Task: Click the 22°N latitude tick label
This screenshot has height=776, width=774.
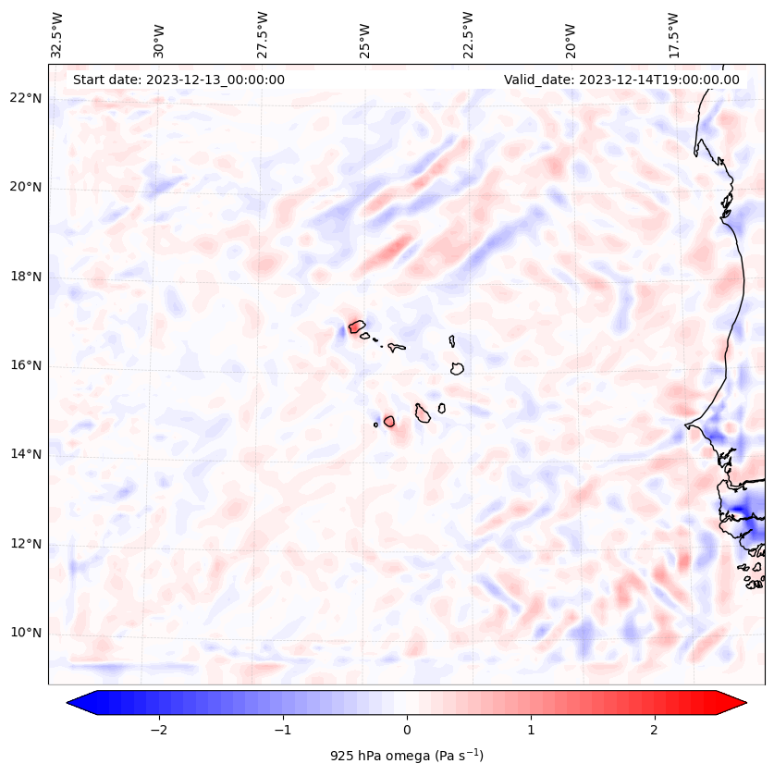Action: pyautogui.click(x=25, y=98)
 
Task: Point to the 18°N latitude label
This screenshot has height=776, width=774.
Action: pyautogui.click(x=25, y=277)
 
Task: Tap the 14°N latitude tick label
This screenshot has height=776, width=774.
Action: pyautogui.click(x=25, y=454)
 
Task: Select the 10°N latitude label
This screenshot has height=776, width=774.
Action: pyautogui.click(x=25, y=633)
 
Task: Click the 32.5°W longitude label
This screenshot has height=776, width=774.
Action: pyautogui.click(x=57, y=34)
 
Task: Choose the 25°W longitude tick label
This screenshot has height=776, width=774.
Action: pyautogui.click(x=365, y=34)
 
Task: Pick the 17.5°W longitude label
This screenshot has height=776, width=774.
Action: pyautogui.click(x=673, y=34)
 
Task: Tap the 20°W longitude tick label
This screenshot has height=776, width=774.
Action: pyautogui.click(x=571, y=34)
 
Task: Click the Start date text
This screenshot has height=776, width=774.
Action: pyautogui.click(x=178, y=80)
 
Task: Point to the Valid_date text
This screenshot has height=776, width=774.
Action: pyautogui.click(x=621, y=80)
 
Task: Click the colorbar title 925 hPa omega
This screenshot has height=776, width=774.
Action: pyautogui.click(x=406, y=755)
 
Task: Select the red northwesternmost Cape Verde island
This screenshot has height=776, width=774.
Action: pyautogui.click(x=356, y=326)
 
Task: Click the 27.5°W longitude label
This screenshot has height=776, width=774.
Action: pyautogui.click(x=263, y=34)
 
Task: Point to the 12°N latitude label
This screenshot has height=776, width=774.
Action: pyautogui.click(x=25, y=544)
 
